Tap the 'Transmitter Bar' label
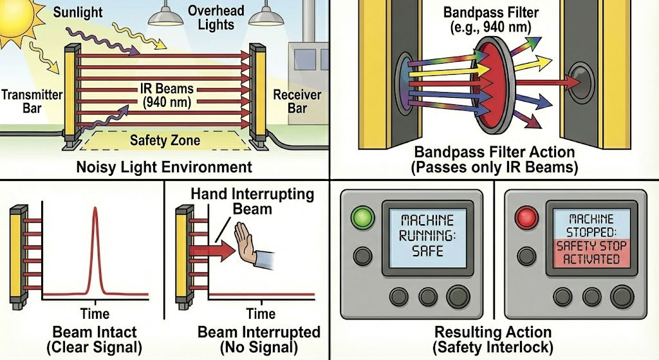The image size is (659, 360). pos(32,100)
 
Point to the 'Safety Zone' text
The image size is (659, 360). pos(165,140)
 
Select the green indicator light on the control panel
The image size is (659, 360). pos(362,218)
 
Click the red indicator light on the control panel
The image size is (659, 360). pos(526,218)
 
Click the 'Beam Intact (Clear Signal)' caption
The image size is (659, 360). pos(94,340)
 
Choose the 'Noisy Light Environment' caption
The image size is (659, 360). pos(164,167)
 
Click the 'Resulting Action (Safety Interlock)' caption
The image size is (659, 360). pos(493,340)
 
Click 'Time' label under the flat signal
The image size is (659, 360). pos(260,314)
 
